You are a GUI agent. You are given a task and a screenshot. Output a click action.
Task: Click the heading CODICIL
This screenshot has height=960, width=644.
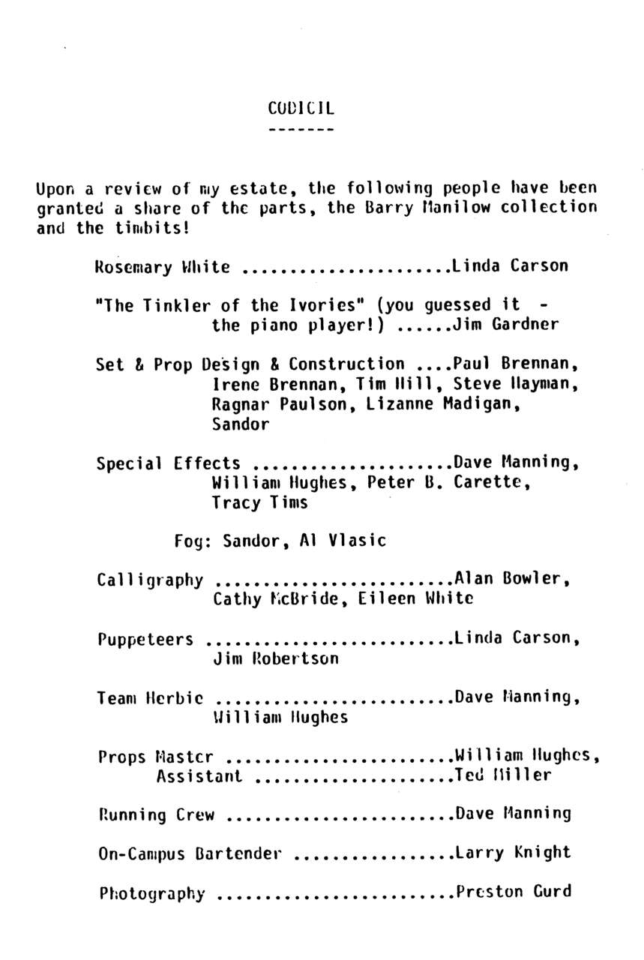301,108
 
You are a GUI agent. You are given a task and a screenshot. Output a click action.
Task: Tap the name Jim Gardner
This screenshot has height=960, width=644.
506,325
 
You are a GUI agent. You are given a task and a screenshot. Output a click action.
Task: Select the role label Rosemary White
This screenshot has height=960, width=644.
163,266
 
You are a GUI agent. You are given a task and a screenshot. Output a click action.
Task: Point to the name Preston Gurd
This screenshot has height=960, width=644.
514,891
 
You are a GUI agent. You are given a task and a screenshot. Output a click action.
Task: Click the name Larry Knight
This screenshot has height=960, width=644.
513,852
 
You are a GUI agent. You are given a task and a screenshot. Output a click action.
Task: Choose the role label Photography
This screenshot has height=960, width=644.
151,893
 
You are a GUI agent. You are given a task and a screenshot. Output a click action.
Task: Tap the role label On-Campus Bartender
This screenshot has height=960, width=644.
190,853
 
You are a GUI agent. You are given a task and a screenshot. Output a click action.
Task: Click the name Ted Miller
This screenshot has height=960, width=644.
503,775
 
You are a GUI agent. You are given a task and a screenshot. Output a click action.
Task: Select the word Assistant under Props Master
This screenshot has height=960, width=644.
199,776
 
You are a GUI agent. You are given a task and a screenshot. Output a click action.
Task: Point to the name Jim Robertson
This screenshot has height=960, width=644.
276,658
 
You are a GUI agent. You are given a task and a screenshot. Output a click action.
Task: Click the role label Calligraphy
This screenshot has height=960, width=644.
150,580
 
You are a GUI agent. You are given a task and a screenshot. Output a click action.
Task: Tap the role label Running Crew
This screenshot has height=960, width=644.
156,814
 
